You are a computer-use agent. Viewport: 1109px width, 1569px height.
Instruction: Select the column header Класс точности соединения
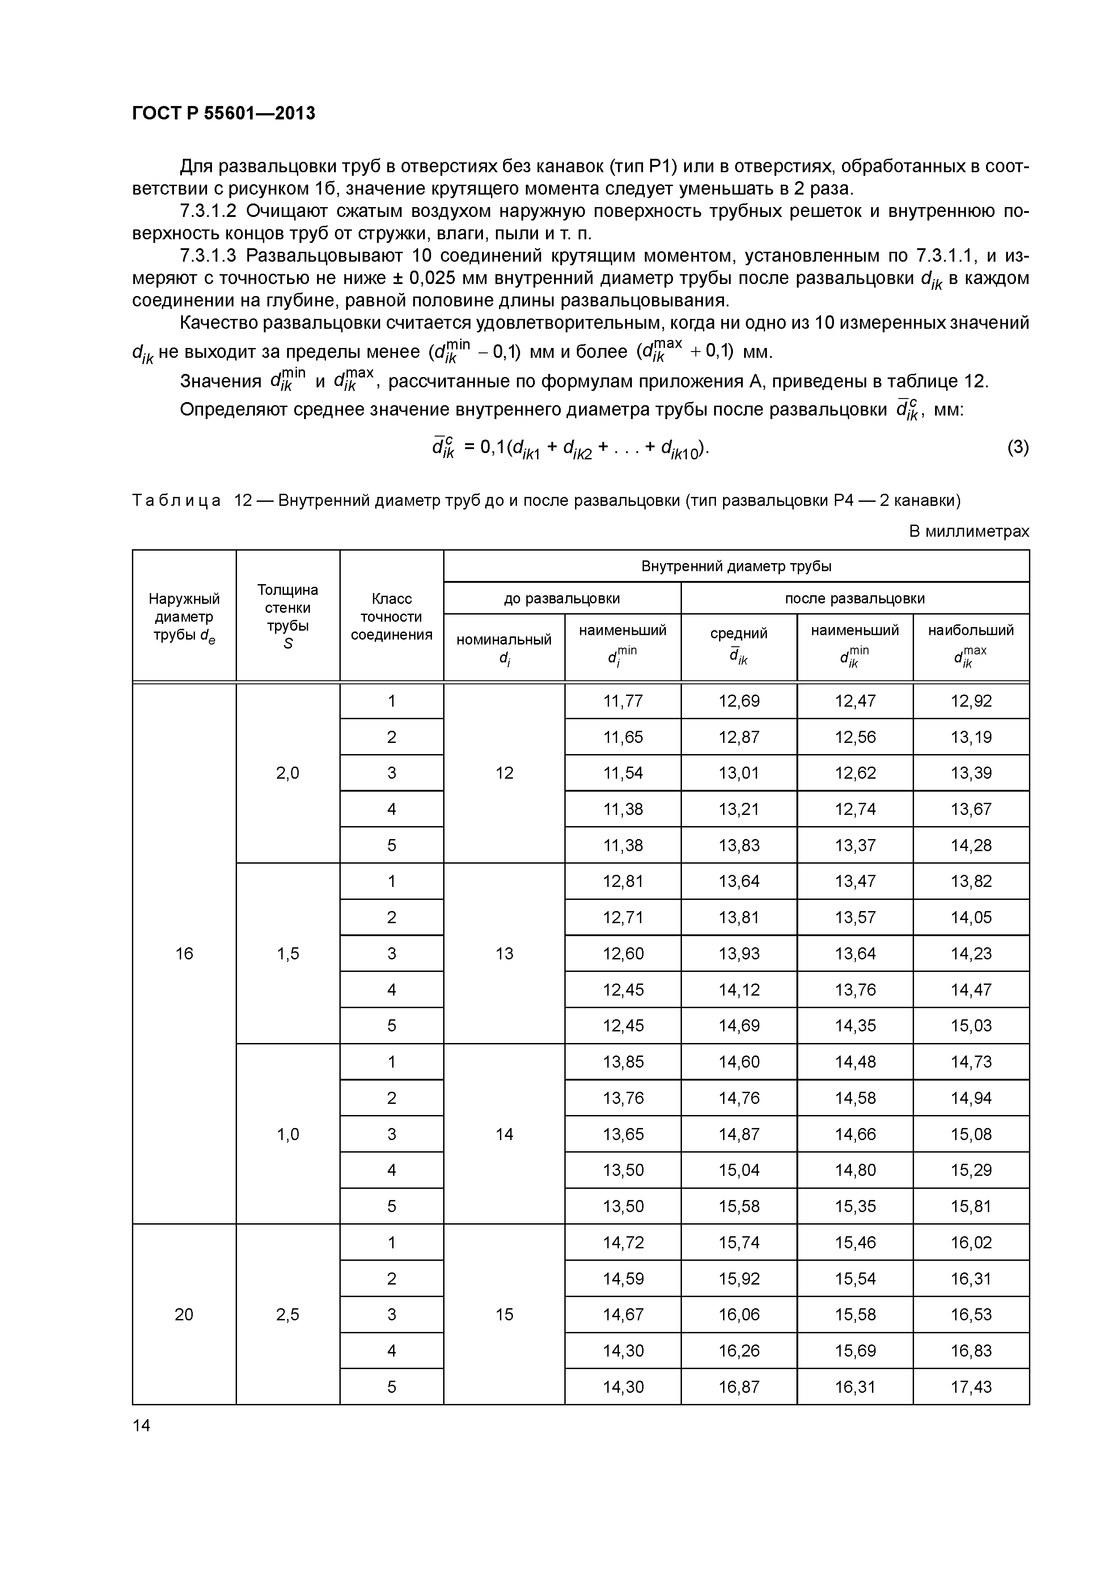pos(392,616)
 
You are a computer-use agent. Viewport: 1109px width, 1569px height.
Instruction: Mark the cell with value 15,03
pos(970,1026)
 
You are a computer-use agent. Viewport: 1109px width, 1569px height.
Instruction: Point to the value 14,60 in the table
pos(739,1061)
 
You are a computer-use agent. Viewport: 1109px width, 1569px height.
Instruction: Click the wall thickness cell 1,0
pos(288,1134)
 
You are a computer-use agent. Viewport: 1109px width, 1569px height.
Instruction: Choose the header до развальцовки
pos(562,598)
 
